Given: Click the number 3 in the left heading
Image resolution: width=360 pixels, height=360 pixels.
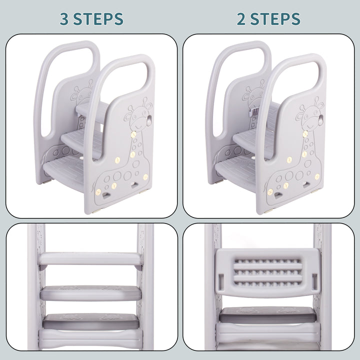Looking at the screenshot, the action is [x=64, y=18].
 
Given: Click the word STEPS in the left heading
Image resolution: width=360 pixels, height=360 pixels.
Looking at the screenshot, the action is [x=98, y=19].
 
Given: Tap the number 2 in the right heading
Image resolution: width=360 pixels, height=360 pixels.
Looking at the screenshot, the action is [x=241, y=18].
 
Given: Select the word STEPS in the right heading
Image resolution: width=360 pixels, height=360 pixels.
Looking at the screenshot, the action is [x=275, y=19].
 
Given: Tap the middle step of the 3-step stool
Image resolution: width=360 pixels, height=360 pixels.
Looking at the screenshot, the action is [x=78, y=140].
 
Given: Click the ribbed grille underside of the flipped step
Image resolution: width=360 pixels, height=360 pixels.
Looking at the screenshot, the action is [x=267, y=272].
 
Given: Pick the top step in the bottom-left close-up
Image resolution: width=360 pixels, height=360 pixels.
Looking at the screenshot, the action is [x=90, y=259].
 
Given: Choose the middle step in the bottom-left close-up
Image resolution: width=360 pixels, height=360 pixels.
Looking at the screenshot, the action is [x=91, y=293].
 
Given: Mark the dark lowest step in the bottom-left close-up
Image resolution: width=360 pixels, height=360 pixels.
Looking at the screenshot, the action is [x=91, y=321].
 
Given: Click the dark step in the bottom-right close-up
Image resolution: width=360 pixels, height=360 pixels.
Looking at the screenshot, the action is [x=267, y=315].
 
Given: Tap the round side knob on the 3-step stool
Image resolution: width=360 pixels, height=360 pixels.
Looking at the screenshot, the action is [x=149, y=121].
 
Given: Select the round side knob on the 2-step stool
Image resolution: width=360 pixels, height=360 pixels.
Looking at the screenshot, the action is [x=320, y=120].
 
